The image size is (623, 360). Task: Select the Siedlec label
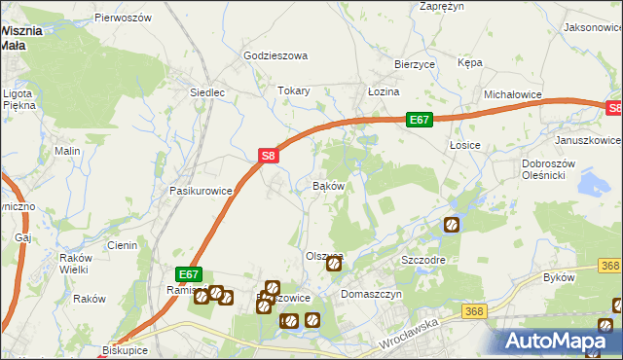click(207, 93)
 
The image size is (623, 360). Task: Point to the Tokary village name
click(294, 90)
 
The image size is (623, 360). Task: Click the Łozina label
click(384, 90)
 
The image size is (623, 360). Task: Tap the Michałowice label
click(513, 94)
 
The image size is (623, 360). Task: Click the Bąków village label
click(329, 185)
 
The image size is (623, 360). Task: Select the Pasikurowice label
click(201, 191)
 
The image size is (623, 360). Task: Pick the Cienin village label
click(122, 245)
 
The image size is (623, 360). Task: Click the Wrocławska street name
click(408, 333)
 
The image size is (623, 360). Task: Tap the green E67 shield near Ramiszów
click(189, 275)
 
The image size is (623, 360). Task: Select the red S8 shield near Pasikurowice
click(270, 155)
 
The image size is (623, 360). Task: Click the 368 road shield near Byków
click(610, 266)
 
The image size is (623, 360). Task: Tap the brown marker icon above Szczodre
click(452, 225)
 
